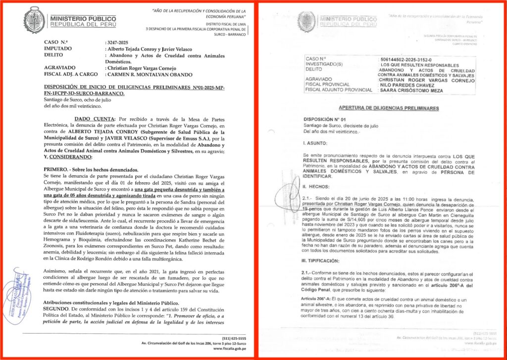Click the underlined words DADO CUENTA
pos(94,119)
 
